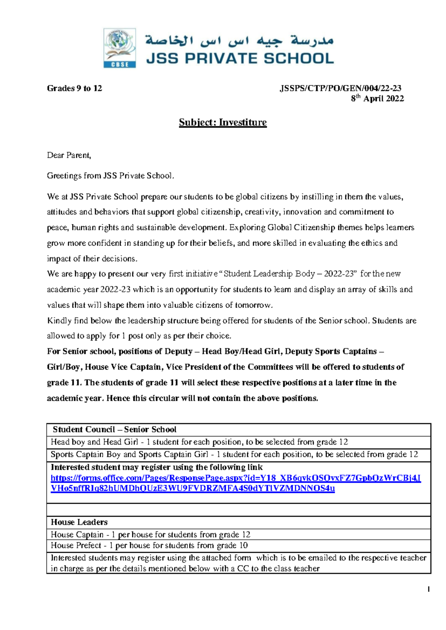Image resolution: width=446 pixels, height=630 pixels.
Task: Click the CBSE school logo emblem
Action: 119,48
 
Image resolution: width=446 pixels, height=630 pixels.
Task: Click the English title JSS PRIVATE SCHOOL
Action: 240,59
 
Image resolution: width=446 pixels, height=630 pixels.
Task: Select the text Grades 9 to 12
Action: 74,88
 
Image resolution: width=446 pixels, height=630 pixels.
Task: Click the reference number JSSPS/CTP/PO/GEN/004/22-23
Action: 340,88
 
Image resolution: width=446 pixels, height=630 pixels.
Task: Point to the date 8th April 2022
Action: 377,98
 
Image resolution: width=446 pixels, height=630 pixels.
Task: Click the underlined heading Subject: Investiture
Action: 223,123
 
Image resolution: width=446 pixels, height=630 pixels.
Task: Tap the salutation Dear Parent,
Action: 69,155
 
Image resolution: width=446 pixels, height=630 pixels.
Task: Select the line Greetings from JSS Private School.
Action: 110,176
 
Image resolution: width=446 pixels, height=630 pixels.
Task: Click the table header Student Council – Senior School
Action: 114,429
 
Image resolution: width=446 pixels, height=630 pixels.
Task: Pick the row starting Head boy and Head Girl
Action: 199,442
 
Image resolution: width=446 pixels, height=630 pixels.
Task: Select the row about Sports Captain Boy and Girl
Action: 234,454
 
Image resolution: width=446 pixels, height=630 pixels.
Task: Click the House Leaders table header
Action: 79,522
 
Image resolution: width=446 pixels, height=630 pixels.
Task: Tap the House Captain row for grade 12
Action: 151,535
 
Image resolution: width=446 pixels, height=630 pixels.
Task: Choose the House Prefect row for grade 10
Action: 149,545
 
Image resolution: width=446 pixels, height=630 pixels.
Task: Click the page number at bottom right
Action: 429,589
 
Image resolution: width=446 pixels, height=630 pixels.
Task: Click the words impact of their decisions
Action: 92,259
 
